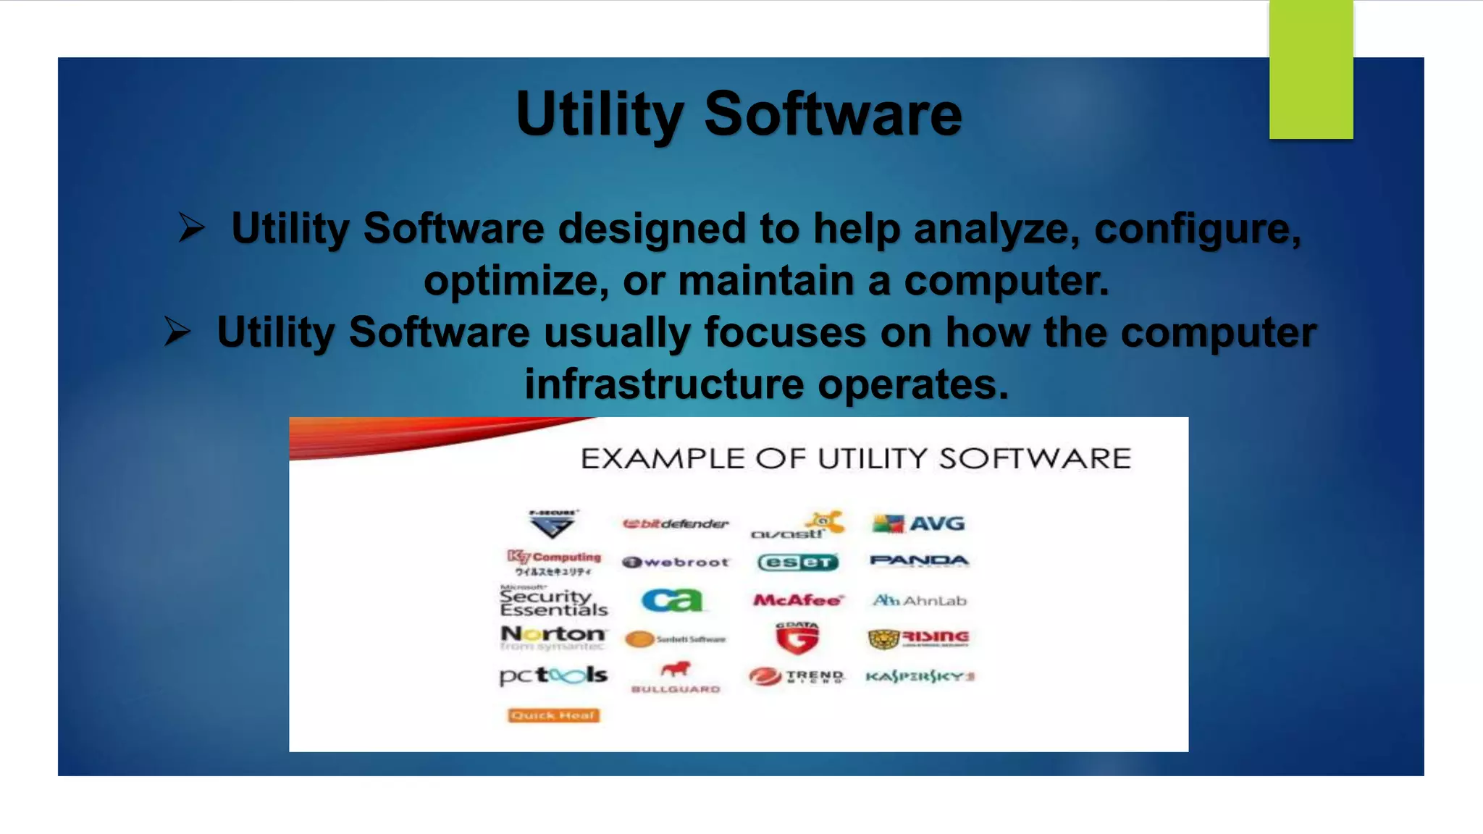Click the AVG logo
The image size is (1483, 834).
918,523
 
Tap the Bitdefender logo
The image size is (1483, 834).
676,523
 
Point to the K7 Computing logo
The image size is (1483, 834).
554,563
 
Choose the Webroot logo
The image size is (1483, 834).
676,562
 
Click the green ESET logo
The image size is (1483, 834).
797,563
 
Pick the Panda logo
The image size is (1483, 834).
918,561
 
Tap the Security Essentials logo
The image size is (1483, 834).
553,602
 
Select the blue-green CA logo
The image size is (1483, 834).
672,600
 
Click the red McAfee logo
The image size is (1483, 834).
798,600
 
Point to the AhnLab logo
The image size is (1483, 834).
919,600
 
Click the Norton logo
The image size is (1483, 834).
553,637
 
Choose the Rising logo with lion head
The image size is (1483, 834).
918,638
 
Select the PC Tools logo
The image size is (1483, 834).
553,675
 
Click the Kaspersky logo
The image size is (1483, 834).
920,676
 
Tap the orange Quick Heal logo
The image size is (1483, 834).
553,715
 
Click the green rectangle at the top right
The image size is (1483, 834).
1311,69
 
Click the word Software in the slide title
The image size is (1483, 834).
833,114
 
